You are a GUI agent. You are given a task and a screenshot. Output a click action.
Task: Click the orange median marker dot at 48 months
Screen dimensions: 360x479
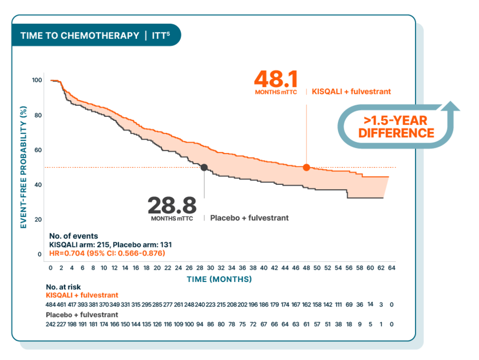[306, 167]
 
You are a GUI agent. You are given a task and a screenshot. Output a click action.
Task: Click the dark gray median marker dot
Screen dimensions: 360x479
[204, 167]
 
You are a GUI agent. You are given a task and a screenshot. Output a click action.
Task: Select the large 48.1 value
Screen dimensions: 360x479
[276, 80]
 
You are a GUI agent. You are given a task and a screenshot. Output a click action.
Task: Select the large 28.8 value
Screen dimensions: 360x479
[172, 205]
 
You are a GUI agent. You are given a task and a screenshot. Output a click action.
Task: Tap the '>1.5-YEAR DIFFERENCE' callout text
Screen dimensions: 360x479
[396, 127]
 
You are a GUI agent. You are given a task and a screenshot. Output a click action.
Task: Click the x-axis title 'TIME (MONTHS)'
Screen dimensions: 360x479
[219, 279]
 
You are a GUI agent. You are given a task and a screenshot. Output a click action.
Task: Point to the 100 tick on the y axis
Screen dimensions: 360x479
[37, 80]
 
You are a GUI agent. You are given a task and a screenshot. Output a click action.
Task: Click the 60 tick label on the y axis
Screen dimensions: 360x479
[37, 150]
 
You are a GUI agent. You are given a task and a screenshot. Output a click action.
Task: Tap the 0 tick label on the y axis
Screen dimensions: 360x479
[39, 254]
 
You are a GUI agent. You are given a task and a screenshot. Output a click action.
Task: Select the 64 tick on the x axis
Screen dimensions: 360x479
[392, 268]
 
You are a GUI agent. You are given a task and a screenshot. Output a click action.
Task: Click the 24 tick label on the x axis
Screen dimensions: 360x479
[178, 268]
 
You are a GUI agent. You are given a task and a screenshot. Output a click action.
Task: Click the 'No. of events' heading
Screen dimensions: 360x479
[73, 236]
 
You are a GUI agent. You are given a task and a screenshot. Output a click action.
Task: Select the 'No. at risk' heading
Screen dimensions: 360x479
[63, 287]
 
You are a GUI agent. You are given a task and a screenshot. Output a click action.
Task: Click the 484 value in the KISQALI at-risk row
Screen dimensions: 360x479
[51, 305]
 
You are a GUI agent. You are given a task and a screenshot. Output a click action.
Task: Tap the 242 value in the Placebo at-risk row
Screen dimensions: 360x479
[51, 324]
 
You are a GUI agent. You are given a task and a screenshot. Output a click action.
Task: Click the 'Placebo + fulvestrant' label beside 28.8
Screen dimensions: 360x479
[249, 218]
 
